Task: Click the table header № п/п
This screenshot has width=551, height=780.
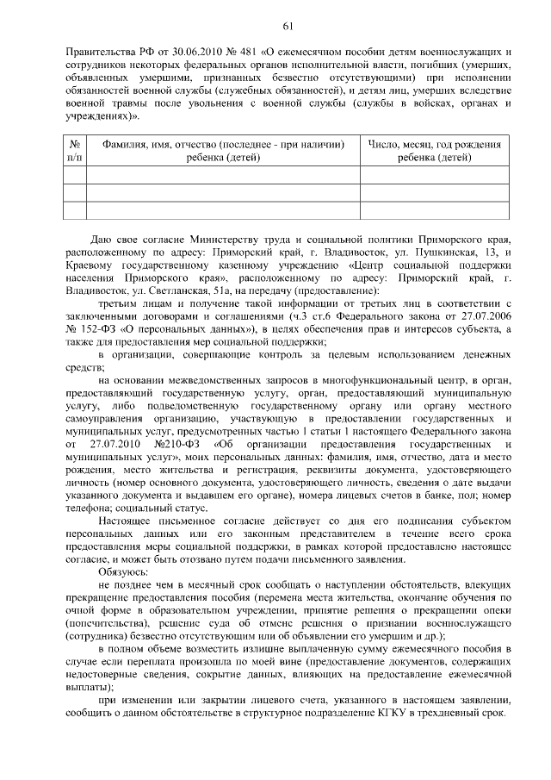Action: [74, 152]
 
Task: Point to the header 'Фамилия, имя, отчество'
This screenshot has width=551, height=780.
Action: [223, 145]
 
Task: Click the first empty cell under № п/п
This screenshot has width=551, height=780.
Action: [74, 175]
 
